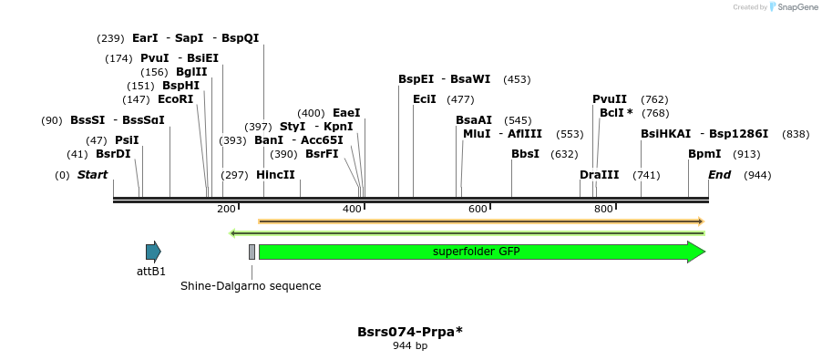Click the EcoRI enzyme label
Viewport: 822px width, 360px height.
pyautogui.click(x=175, y=99)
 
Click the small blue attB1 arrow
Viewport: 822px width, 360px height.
pyautogui.click(x=153, y=252)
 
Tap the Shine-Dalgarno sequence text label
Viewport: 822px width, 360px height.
pyautogui.click(x=251, y=286)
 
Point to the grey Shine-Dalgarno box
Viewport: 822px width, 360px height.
pyautogui.click(x=252, y=252)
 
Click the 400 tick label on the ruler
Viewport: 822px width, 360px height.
pyautogui.click(x=352, y=210)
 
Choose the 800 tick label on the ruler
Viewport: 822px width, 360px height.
pyautogui.click(x=603, y=210)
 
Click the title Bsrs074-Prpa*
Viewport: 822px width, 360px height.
pyautogui.click(x=410, y=332)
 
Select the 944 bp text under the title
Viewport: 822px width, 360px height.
pyautogui.click(x=410, y=346)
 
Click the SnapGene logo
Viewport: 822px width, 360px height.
pyautogui.click(x=793, y=7)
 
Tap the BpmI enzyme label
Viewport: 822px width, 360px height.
pyautogui.click(x=704, y=154)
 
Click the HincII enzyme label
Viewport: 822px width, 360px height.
pyautogui.click(x=275, y=175)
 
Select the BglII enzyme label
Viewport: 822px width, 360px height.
pyautogui.click(x=191, y=72)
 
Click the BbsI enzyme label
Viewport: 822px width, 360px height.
pyautogui.click(x=525, y=154)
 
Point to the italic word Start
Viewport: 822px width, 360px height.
pyautogui.click(x=92, y=175)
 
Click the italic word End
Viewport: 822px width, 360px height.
pyautogui.click(x=719, y=175)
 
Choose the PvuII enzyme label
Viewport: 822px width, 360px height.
pyautogui.click(x=610, y=99)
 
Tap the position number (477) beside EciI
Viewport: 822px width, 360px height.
pyautogui.click(x=460, y=99)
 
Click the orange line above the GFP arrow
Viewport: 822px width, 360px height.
pyautogui.click(x=481, y=221)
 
